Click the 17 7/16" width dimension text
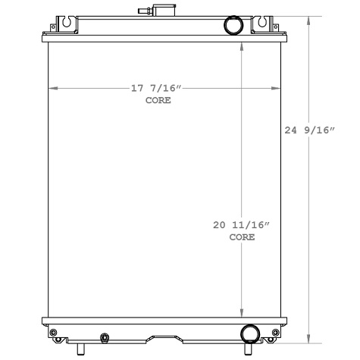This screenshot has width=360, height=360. click(x=157, y=89)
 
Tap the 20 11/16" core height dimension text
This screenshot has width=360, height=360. click(x=241, y=226)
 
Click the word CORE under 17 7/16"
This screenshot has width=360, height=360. click(x=158, y=101)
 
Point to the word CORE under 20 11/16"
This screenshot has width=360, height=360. click(x=242, y=237)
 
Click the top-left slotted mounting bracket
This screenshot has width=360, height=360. click(x=67, y=23)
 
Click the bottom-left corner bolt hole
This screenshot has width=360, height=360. click(x=52, y=332)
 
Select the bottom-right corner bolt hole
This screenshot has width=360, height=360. click(x=277, y=332)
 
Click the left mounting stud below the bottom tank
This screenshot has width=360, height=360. click(x=76, y=348)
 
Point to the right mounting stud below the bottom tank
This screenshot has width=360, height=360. click(x=248, y=349)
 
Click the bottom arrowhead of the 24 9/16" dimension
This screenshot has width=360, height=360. click(x=308, y=341)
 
